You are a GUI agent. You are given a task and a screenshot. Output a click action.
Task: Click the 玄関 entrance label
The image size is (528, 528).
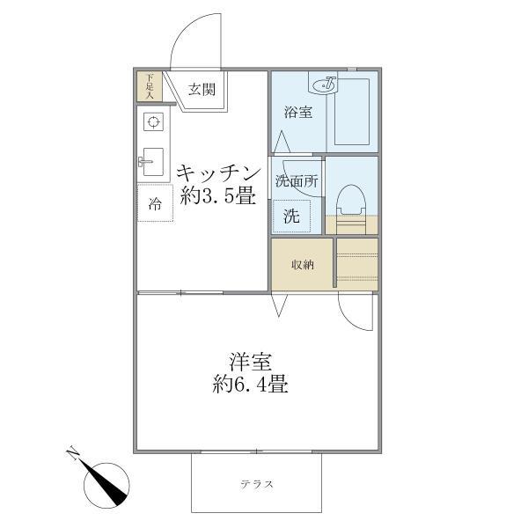202,88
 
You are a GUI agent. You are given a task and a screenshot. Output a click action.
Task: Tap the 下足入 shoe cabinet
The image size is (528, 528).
150,86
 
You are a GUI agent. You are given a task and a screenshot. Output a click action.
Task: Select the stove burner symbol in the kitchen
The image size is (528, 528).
151,122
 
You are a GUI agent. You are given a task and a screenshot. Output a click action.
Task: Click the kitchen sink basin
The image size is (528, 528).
150,161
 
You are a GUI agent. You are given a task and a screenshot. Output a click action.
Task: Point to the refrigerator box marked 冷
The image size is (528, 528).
155,206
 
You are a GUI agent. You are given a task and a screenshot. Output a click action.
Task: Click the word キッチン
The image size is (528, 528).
218,172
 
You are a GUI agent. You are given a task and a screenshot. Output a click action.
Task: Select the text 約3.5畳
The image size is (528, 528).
218,196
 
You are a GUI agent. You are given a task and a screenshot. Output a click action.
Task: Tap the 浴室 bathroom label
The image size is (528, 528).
295,112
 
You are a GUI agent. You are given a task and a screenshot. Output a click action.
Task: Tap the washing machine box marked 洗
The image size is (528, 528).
290,214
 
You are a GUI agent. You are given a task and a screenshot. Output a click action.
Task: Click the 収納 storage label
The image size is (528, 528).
301,264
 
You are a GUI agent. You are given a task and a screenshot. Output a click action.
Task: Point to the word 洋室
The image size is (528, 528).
251,361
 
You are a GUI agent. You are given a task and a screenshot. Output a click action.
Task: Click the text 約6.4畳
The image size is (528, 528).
251,385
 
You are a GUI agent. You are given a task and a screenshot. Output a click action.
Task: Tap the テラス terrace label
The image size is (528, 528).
257,484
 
